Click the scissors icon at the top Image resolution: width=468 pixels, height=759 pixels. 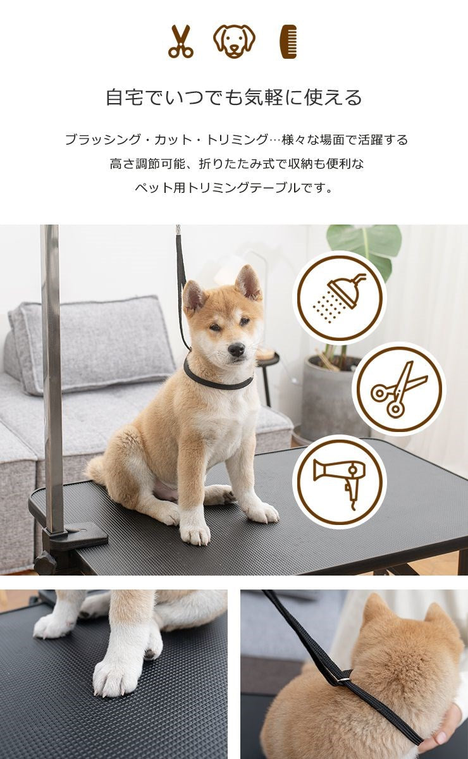pos(181,41)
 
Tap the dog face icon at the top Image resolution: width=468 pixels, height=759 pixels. pos(234,41)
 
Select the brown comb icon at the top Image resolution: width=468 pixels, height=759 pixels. pos(288,41)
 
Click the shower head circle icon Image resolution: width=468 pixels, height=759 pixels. pos(340,297)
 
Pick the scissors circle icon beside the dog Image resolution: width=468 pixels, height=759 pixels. pos(398,388)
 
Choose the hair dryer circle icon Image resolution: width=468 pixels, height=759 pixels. pos(340,481)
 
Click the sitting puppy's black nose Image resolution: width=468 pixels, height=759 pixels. pos(236,349)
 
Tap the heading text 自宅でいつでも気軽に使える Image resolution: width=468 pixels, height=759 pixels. pos(234,97)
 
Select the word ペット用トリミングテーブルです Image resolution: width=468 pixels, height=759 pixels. pos(234,188)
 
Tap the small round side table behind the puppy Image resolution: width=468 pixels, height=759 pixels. pos(268,361)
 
